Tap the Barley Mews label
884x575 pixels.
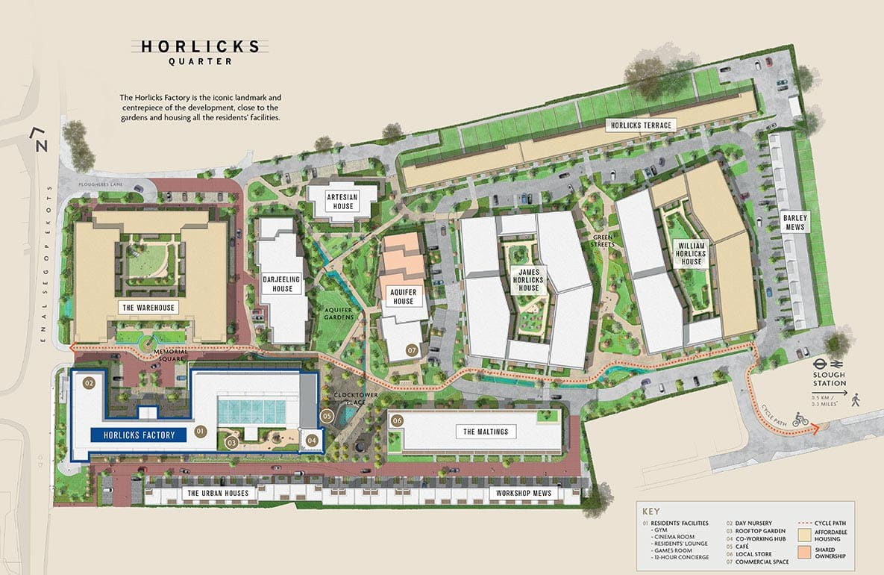click(795, 223)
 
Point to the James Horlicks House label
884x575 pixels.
click(529, 278)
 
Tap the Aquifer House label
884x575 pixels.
click(404, 296)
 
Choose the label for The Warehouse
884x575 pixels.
click(149, 307)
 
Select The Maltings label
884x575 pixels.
click(486, 432)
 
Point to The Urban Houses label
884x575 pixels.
click(218, 494)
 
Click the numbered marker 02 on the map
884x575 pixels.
click(90, 384)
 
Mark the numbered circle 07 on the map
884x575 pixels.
click(411, 349)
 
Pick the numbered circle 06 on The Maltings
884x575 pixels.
click(398, 421)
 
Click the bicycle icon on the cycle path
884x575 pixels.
click(800, 420)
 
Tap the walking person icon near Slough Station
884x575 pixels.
click(856, 400)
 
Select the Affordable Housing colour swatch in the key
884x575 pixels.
click(803, 535)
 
